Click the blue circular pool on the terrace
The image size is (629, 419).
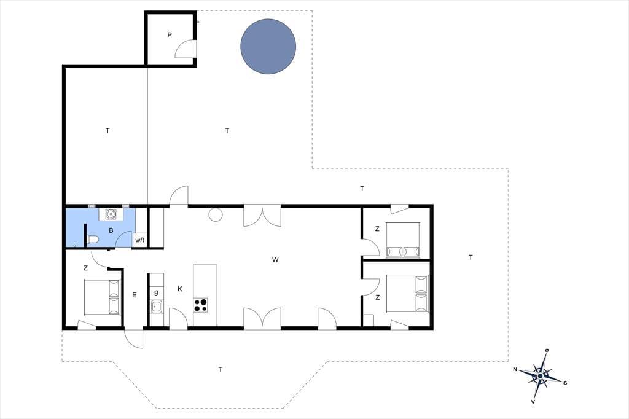268,47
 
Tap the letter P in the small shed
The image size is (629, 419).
170,35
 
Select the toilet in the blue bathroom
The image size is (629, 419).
93,240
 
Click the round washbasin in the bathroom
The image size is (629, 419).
111,214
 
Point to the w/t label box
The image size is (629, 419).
139,240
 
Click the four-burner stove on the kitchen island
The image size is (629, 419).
201,305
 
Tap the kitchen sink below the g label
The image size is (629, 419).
157,307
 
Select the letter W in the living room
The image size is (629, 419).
275,260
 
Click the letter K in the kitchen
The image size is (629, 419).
180,289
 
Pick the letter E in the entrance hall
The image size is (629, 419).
135,295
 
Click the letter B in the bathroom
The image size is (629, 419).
111,230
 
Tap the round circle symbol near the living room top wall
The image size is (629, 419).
216,214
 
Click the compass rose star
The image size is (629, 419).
541,375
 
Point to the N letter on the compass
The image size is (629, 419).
515,369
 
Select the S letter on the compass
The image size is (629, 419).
565,383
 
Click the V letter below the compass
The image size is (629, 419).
533,401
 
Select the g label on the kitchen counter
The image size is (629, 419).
156,292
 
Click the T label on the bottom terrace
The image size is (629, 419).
221,369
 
